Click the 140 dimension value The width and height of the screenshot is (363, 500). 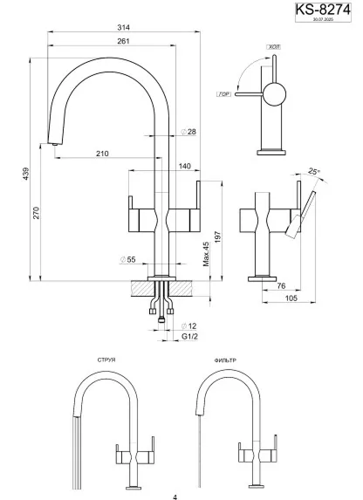185,166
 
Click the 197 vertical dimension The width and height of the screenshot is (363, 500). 217,229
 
